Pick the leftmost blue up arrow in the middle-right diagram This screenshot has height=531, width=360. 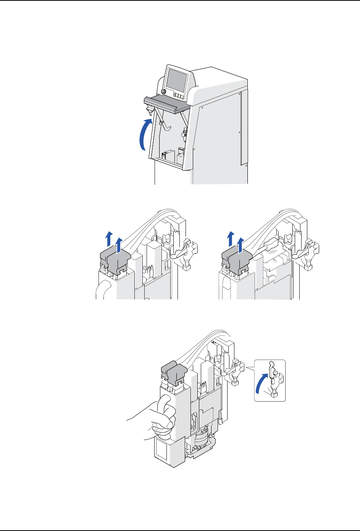pyautogui.click(x=230, y=239)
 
